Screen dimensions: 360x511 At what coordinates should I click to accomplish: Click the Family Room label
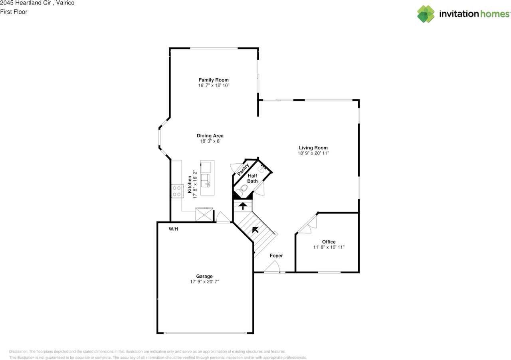pyautogui.click(x=214, y=80)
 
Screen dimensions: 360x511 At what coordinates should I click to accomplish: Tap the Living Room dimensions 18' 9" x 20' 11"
pyautogui.click(x=313, y=153)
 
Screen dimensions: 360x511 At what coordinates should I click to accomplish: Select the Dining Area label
pyautogui.click(x=210, y=136)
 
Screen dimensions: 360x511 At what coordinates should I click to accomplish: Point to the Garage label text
pyautogui.click(x=204, y=276)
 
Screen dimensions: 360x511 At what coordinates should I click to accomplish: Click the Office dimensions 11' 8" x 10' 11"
pyautogui.click(x=329, y=247)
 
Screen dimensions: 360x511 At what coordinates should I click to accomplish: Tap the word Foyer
pyautogui.click(x=276, y=255)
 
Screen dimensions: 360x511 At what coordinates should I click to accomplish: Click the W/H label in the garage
pyautogui.click(x=173, y=229)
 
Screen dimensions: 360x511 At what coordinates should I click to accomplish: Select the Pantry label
pyautogui.click(x=243, y=170)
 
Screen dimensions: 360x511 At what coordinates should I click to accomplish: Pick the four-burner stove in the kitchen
pyautogui.click(x=176, y=191)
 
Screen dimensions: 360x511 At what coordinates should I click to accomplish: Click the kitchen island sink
pyautogui.click(x=206, y=181)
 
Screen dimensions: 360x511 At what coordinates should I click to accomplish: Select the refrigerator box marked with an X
pyautogui.click(x=204, y=215)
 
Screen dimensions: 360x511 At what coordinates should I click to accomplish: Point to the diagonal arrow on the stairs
pyautogui.click(x=254, y=229)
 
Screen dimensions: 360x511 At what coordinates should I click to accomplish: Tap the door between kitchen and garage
pyautogui.click(x=223, y=218)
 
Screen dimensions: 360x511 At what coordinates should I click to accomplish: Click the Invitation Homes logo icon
pyautogui.click(x=426, y=14)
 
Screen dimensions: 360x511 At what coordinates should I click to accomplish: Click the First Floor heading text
pyautogui.click(x=14, y=12)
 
